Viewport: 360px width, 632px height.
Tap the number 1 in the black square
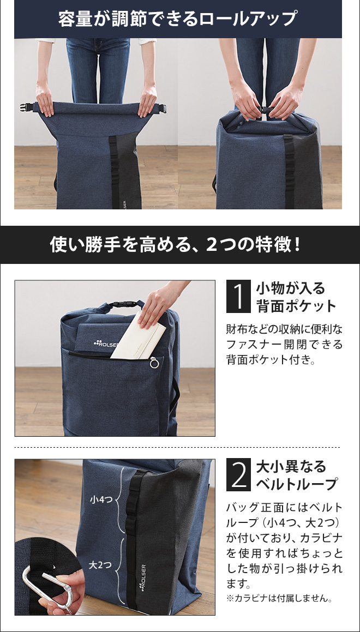(238, 297)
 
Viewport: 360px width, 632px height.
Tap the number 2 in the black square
(238, 475)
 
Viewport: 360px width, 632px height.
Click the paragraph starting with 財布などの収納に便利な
(284, 345)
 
